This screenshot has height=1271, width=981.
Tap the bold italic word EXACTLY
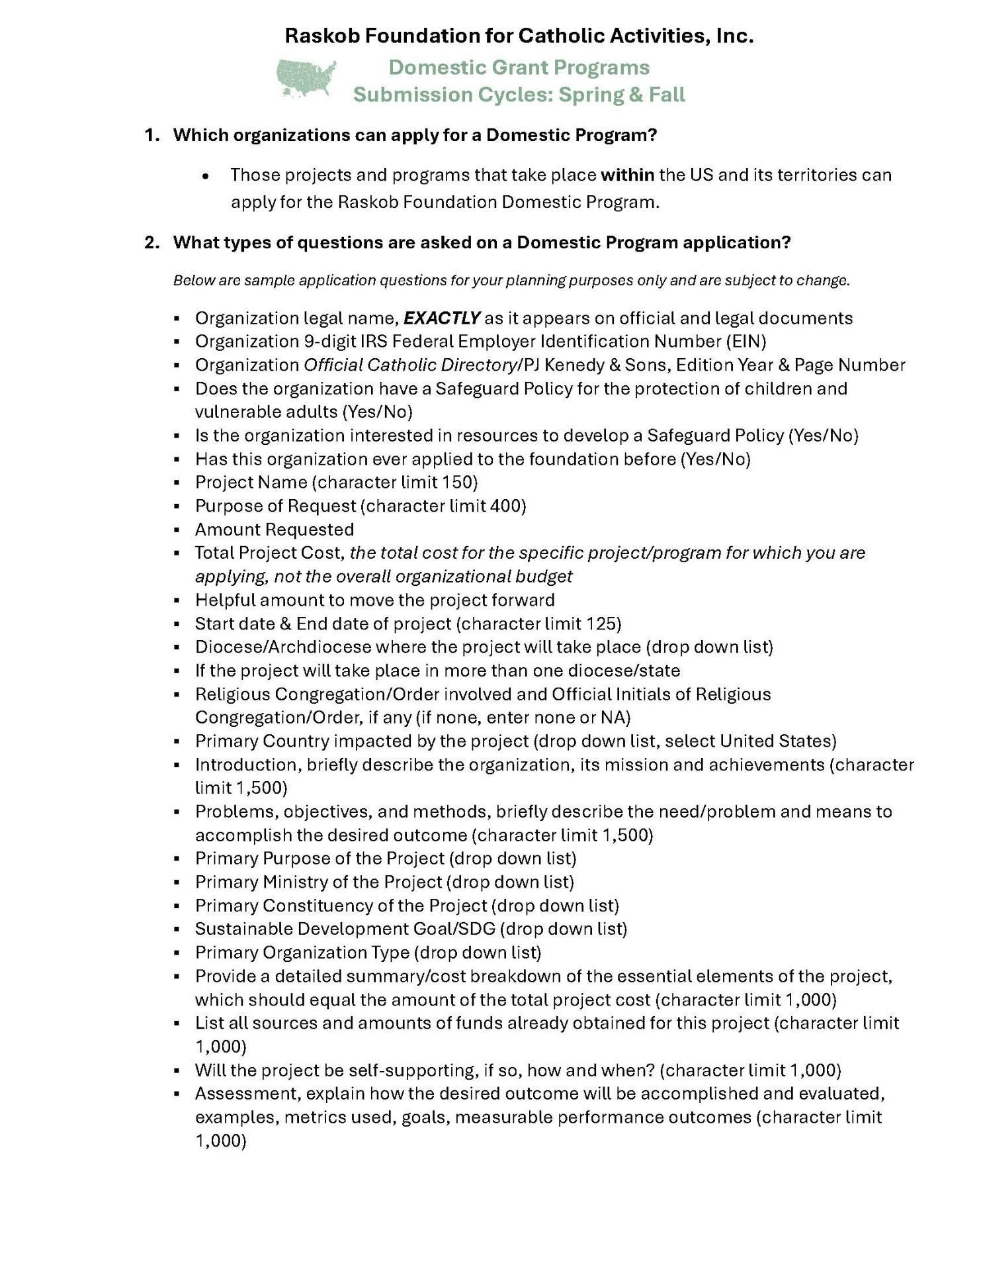(x=441, y=318)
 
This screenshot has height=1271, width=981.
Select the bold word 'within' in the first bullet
(x=627, y=175)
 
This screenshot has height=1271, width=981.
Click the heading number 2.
(x=151, y=242)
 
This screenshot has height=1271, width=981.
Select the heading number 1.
(x=151, y=135)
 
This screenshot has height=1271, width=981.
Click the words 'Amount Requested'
(x=274, y=530)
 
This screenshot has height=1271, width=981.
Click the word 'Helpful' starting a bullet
(x=225, y=600)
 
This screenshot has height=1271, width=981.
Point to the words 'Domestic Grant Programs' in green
(x=519, y=68)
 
